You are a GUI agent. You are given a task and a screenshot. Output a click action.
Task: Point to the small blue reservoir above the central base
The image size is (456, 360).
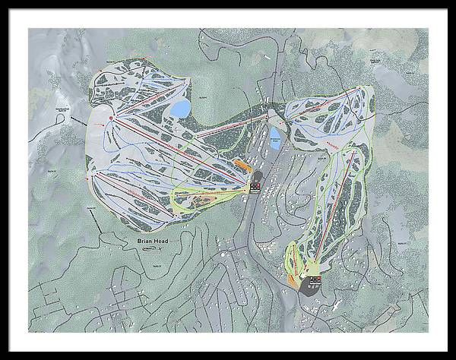pos(275,137)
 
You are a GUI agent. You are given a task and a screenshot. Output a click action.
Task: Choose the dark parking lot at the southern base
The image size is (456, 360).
pos(311,285)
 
